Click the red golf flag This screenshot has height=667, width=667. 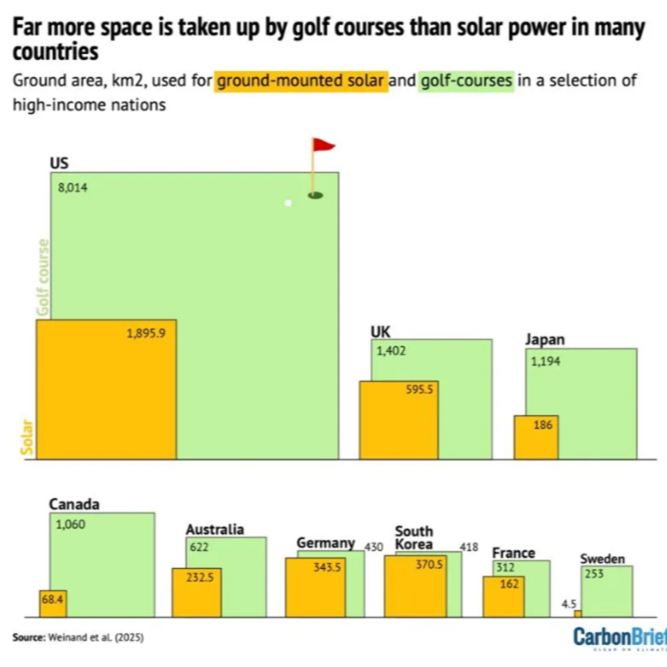click(x=323, y=145)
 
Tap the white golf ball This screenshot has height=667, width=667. click(x=288, y=203)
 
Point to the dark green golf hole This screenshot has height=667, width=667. click(x=315, y=196)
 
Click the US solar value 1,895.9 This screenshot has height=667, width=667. click(x=146, y=333)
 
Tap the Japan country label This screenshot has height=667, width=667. click(x=545, y=339)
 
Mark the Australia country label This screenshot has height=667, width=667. click(x=215, y=529)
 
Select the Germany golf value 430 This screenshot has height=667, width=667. click(x=374, y=547)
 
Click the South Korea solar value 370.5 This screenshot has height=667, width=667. click(x=429, y=565)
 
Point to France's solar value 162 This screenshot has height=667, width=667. click(x=509, y=584)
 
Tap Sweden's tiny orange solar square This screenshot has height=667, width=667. click(x=578, y=613)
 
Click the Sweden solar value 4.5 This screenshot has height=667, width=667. click(x=569, y=604)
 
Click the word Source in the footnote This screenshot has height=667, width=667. click(x=29, y=637)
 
